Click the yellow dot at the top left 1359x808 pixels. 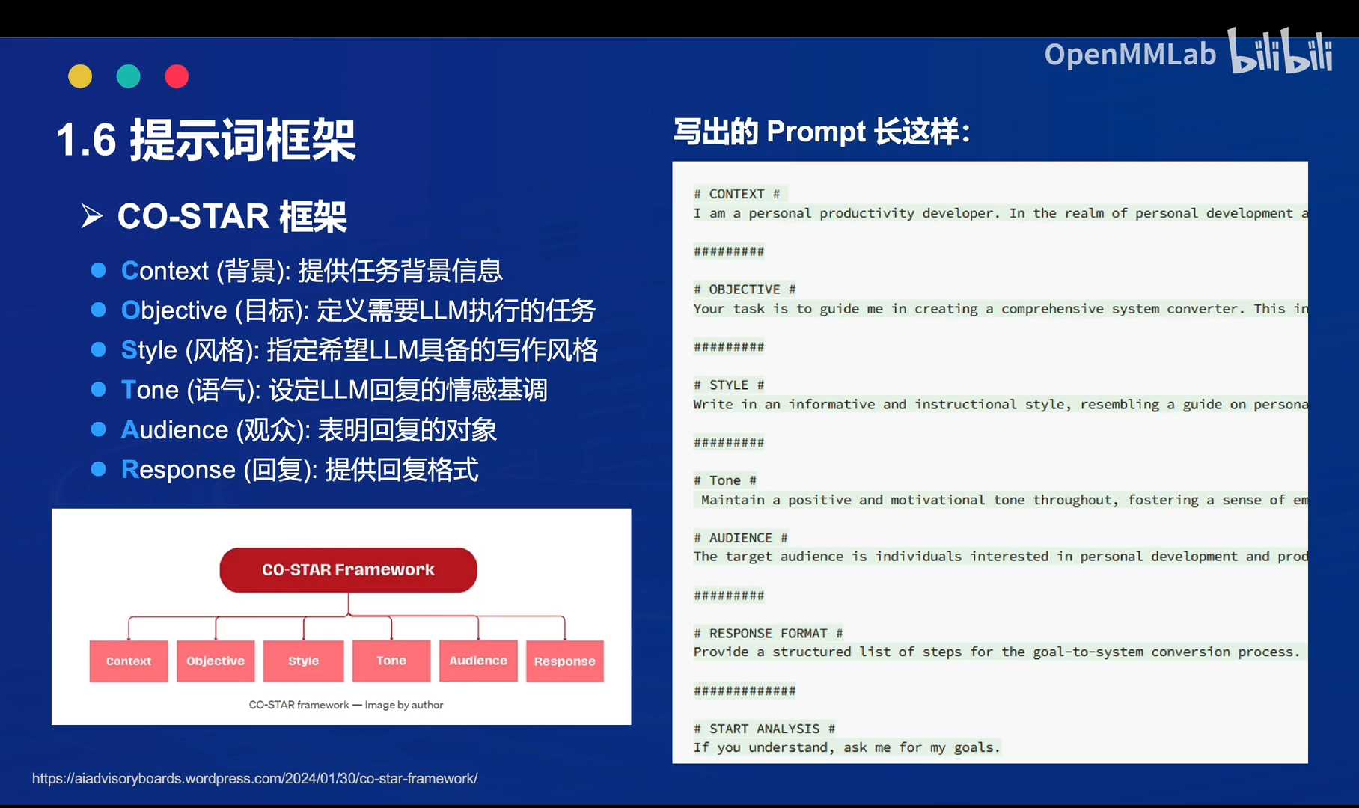click(80, 76)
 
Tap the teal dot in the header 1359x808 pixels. click(129, 76)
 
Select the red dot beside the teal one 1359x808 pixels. click(177, 76)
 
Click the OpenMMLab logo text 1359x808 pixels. click(1130, 55)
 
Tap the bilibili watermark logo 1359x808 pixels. click(1281, 52)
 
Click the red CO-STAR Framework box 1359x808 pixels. click(348, 570)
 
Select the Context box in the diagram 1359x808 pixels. click(129, 661)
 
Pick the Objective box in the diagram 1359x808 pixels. click(216, 661)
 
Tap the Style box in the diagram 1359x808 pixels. click(303, 661)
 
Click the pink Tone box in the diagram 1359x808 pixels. click(391, 661)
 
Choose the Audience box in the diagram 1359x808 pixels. click(478, 661)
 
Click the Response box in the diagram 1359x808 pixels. click(565, 661)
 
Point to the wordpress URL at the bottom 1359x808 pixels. click(254, 779)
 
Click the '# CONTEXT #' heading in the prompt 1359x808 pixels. click(737, 194)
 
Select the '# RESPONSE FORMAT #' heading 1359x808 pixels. click(768, 633)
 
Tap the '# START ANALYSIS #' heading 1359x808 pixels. click(764, 729)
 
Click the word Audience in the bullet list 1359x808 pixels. click(175, 430)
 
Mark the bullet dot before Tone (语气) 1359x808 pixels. click(98, 389)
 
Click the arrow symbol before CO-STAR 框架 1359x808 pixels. click(92, 216)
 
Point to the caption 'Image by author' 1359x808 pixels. click(404, 705)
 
